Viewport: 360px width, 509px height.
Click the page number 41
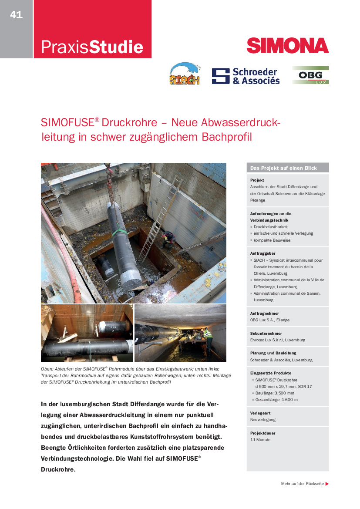pyautogui.click(x=16, y=15)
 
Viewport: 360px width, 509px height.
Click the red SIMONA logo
pyautogui.click(x=287, y=46)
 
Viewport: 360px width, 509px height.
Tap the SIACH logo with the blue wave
pyautogui.click(x=185, y=74)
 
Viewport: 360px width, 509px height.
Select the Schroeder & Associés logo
pyautogui.click(x=246, y=76)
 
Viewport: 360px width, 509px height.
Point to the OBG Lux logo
pyautogui.click(x=310, y=75)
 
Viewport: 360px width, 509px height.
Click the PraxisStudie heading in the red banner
pyautogui.click(x=92, y=47)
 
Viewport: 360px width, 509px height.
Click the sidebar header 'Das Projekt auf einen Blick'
pyautogui.click(x=283, y=168)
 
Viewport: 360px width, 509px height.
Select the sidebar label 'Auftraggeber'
pyautogui.click(x=262, y=253)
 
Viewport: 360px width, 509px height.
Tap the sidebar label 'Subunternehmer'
pyautogui.click(x=266, y=333)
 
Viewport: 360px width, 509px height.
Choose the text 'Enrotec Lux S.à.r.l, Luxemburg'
pyautogui.click(x=278, y=340)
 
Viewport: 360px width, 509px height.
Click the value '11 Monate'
pyautogui.click(x=260, y=440)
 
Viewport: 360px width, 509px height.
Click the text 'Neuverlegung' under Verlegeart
pyautogui.click(x=262, y=420)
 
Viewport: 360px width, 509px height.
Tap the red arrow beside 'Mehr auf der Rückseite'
pyautogui.click(x=327, y=484)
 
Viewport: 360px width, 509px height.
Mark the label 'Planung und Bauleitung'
pyautogui.click(x=273, y=353)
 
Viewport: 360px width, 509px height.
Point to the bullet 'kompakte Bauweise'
pyautogui.click(x=272, y=240)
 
